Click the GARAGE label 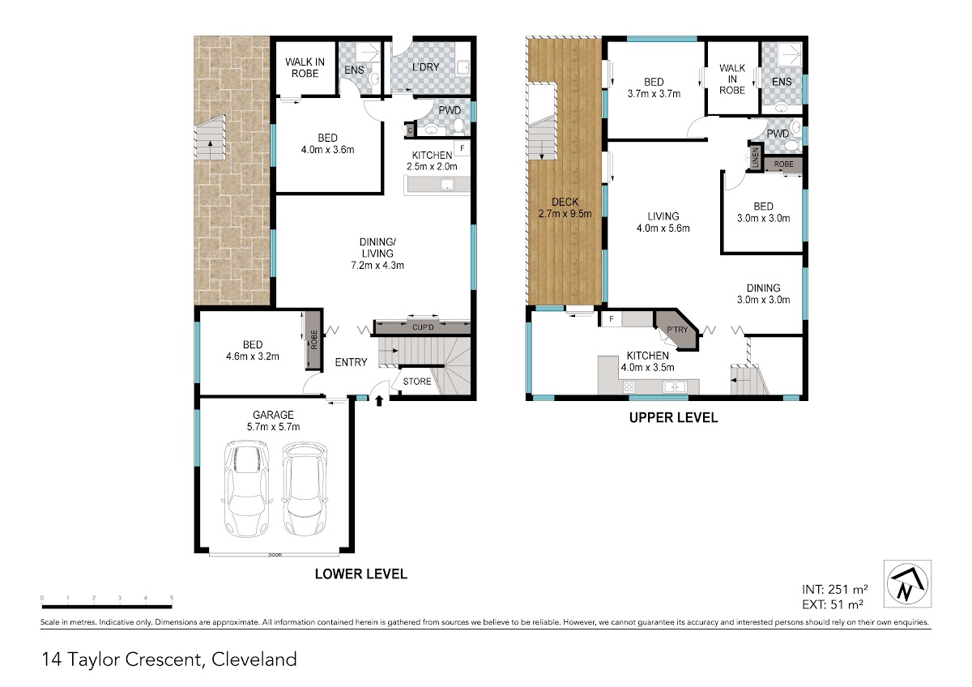pyautogui.click(x=273, y=415)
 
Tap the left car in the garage pyautogui.click(x=246, y=489)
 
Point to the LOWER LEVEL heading pyautogui.click(x=361, y=574)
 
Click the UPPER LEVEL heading pyautogui.click(x=673, y=418)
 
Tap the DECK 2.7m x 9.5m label pyautogui.click(x=565, y=208)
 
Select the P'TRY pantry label pyautogui.click(x=677, y=330)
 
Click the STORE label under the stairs pyautogui.click(x=417, y=382)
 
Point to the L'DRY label pyautogui.click(x=426, y=67)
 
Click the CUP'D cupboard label pyautogui.click(x=423, y=327)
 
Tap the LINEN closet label pyautogui.click(x=756, y=158)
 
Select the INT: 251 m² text pyautogui.click(x=835, y=589)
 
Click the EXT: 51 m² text pyautogui.click(x=833, y=604)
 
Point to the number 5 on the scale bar pyautogui.click(x=172, y=598)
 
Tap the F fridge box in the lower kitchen pyautogui.click(x=463, y=148)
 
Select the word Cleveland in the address pyautogui.click(x=254, y=659)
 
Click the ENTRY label pyautogui.click(x=351, y=362)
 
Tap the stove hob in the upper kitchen pyautogui.click(x=629, y=386)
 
